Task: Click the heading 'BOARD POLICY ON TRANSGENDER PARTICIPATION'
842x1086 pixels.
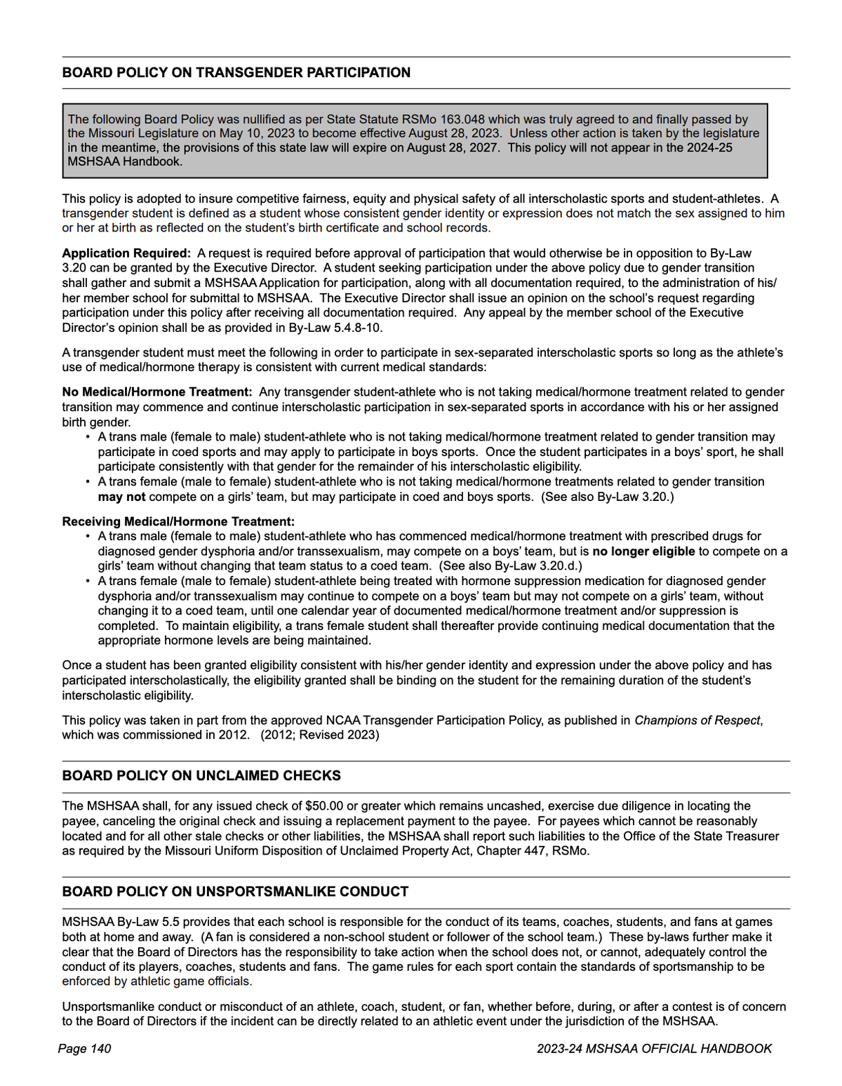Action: click(x=236, y=73)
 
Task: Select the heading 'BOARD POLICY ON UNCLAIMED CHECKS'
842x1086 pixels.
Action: click(x=201, y=776)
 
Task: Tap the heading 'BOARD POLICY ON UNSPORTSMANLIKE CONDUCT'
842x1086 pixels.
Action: click(x=235, y=892)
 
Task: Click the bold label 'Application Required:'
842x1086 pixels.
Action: click(x=126, y=253)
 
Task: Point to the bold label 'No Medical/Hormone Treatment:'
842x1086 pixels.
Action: click(x=156, y=392)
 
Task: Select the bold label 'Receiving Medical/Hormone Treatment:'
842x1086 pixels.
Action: click(x=178, y=522)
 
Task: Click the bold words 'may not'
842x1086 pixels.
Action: click(x=121, y=497)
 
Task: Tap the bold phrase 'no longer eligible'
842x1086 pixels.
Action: click(x=643, y=551)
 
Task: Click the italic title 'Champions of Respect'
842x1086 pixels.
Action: click(x=697, y=720)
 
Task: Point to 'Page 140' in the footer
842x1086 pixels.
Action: click(x=84, y=1049)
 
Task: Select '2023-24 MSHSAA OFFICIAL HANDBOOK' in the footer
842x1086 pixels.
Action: click(x=654, y=1049)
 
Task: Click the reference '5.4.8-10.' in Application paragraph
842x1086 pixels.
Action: click(x=358, y=328)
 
